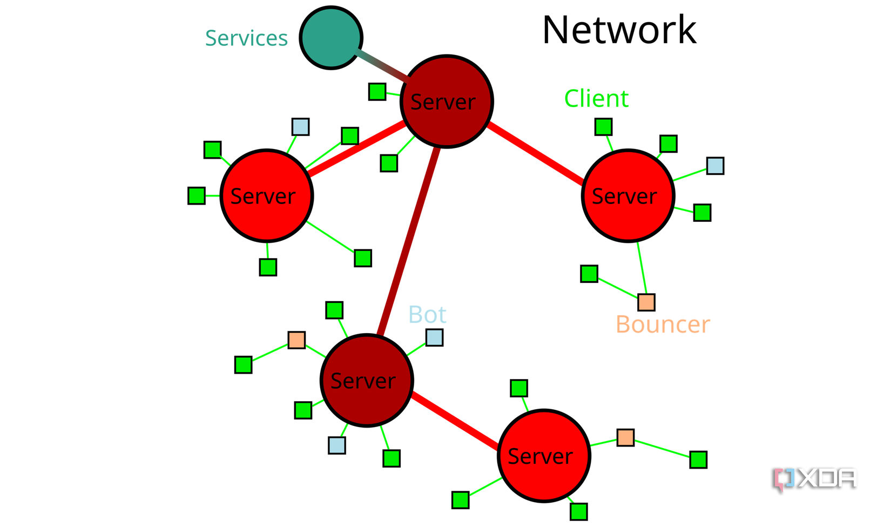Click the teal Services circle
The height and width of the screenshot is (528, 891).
[x=330, y=38]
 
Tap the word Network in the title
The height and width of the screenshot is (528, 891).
[x=619, y=30]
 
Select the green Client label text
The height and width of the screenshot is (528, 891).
[x=596, y=99]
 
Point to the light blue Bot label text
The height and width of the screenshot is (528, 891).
[x=427, y=315]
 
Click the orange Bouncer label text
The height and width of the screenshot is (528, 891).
[x=663, y=324]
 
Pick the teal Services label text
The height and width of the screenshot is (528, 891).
[x=246, y=38]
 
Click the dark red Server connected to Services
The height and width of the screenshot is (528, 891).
[x=447, y=101]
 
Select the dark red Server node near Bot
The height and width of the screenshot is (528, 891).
[x=367, y=381]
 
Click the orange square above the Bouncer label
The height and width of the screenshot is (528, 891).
[x=646, y=302]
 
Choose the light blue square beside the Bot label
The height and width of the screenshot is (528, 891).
[x=434, y=337]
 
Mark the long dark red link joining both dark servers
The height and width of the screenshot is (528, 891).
[x=409, y=240]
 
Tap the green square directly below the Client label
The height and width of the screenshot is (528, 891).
[x=603, y=127]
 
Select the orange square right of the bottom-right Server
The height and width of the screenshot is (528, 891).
[x=625, y=437]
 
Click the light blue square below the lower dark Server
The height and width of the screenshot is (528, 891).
[x=337, y=445]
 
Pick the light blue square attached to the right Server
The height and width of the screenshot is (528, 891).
[x=715, y=166]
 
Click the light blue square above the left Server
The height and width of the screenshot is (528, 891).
[x=300, y=127]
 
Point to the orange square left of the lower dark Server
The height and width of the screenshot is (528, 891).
[x=296, y=340]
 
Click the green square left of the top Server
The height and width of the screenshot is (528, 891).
[x=377, y=92]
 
